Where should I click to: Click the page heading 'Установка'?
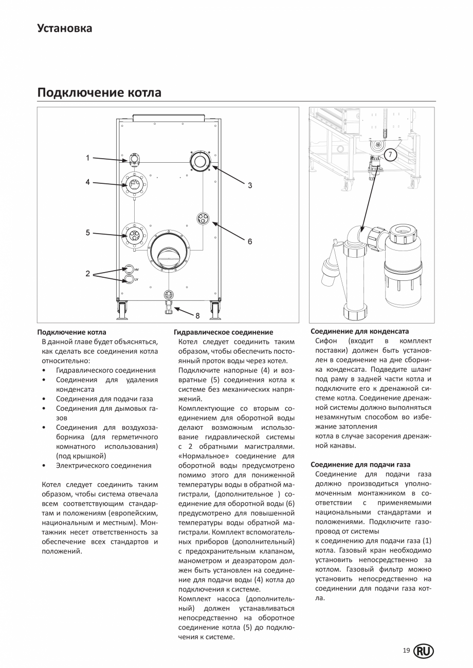tap(65, 28)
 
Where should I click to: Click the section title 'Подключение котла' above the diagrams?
tap(99, 92)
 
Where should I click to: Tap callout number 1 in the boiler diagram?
tap(87, 158)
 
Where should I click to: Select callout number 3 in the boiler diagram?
tap(250, 185)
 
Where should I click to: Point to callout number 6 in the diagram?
tap(250, 241)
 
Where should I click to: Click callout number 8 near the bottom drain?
tap(197, 316)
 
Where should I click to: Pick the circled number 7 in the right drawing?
tap(390, 155)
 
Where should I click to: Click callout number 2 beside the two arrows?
tap(87, 274)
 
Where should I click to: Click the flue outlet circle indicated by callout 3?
tap(199, 162)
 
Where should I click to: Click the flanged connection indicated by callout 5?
tap(134, 236)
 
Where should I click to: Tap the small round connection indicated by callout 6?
tap(204, 219)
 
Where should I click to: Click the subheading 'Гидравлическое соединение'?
tap(223, 332)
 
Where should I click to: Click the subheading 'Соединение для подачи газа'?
tap(360, 465)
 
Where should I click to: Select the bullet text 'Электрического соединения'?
tap(103, 465)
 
